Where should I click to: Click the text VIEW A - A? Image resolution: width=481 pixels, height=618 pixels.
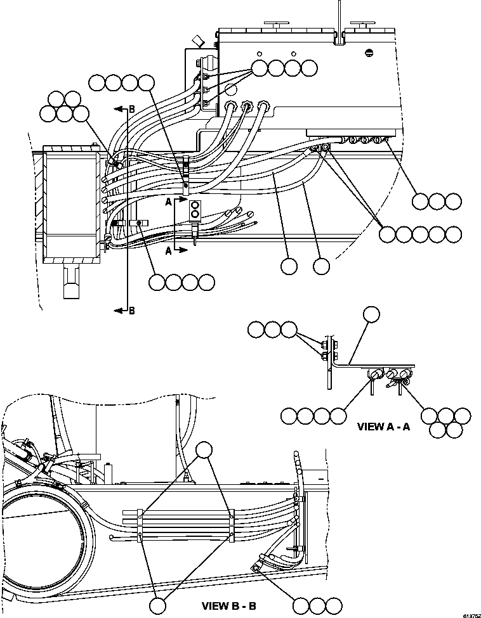384,427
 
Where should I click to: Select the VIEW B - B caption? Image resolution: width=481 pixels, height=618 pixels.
228,606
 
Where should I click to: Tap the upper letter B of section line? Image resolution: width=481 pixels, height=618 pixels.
131,109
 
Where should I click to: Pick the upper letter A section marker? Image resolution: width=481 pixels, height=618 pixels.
168,202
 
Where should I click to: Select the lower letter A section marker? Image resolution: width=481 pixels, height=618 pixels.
168,250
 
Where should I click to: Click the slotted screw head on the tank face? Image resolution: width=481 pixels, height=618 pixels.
371,53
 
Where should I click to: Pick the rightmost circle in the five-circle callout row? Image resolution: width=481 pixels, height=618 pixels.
453,234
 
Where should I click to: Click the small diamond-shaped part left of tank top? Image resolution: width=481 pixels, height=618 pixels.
197,42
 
